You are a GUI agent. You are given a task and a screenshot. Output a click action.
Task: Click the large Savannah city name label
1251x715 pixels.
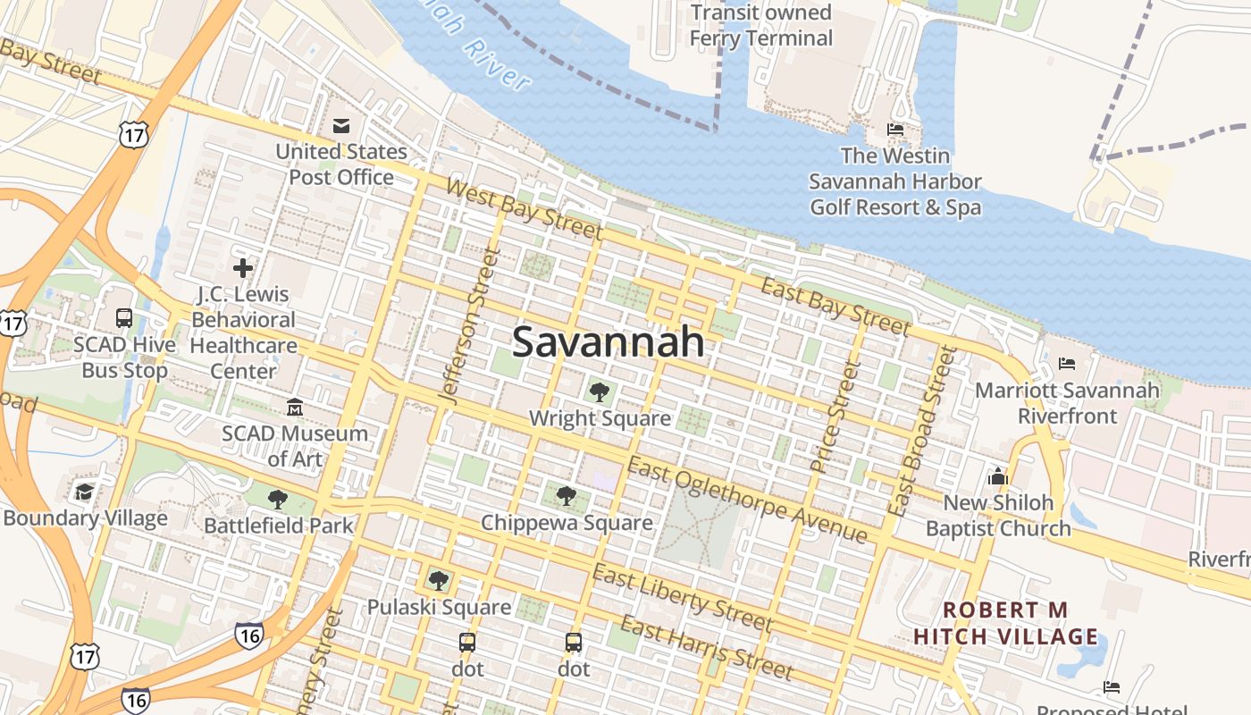[608, 342]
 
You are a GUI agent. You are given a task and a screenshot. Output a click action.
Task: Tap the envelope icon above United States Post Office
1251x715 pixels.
[341, 125]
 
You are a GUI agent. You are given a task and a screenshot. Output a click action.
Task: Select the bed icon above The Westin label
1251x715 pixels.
[894, 130]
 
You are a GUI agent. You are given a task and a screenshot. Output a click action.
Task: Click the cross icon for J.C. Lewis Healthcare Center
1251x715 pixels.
[242, 267]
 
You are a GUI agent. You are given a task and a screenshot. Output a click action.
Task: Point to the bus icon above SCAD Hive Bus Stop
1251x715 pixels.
[124, 317]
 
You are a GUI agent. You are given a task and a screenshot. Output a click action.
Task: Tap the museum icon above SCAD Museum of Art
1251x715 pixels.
[295, 408]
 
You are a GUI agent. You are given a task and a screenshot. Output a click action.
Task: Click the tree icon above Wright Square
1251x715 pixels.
[599, 391]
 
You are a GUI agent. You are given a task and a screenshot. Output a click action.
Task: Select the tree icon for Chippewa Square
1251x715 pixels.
[565, 495]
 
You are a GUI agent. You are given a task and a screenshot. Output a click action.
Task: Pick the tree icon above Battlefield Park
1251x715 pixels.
[278, 499]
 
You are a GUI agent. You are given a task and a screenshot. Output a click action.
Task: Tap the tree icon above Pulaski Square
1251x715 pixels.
[438, 581]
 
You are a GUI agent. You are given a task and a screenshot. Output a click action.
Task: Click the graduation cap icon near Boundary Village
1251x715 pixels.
[84, 492]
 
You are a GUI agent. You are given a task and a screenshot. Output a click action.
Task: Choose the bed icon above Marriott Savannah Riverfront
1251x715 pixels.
[1067, 364]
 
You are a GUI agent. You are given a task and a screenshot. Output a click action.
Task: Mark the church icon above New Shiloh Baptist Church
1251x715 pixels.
[997, 475]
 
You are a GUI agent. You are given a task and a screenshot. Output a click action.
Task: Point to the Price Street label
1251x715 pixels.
[833, 416]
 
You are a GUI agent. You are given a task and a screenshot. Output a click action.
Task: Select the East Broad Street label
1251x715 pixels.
[921, 430]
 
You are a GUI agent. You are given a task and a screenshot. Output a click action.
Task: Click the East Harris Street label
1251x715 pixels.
[706, 647]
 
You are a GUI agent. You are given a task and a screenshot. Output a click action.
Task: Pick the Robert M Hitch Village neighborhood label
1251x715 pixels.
[1005, 623]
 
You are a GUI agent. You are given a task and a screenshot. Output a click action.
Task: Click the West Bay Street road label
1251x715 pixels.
[523, 208]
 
